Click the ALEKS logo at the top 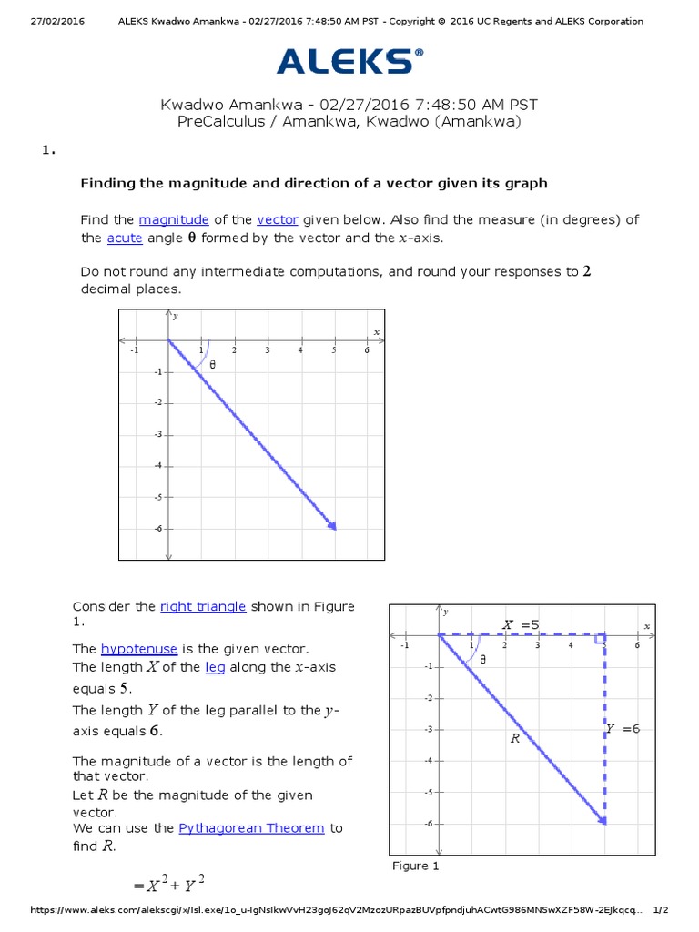(x=349, y=61)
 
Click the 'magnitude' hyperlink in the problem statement (x=174, y=220)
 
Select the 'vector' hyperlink (x=278, y=220)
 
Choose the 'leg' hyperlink (x=215, y=667)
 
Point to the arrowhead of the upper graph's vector (x=333, y=526)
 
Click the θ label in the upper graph (x=213, y=364)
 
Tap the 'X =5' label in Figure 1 (x=522, y=624)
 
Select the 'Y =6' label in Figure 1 (x=623, y=728)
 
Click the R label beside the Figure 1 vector (x=514, y=739)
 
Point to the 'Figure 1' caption (x=415, y=866)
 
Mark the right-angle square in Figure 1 (x=601, y=640)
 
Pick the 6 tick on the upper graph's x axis (x=367, y=350)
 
